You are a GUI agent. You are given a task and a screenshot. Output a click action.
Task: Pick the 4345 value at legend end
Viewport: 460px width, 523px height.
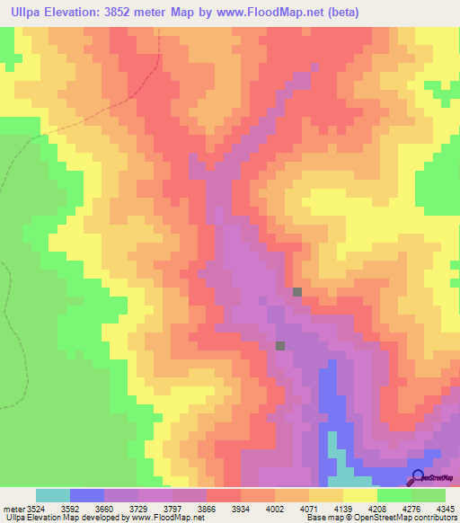coord(443,509)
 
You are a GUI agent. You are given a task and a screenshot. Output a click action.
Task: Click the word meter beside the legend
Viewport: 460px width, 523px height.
coord(11,509)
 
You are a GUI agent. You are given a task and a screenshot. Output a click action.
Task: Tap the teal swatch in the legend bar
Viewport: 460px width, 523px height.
coord(52,495)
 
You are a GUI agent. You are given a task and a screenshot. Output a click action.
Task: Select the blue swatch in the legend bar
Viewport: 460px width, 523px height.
coord(86,495)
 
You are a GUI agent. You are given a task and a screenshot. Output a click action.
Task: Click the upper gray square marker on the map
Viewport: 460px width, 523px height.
coord(297,291)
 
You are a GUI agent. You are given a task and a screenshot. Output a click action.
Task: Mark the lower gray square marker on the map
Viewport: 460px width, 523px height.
coord(280,345)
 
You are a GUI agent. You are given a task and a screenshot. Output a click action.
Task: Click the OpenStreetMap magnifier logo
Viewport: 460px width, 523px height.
coord(418,478)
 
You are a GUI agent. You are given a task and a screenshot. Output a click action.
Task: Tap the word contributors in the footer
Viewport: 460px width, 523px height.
coord(434,519)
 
